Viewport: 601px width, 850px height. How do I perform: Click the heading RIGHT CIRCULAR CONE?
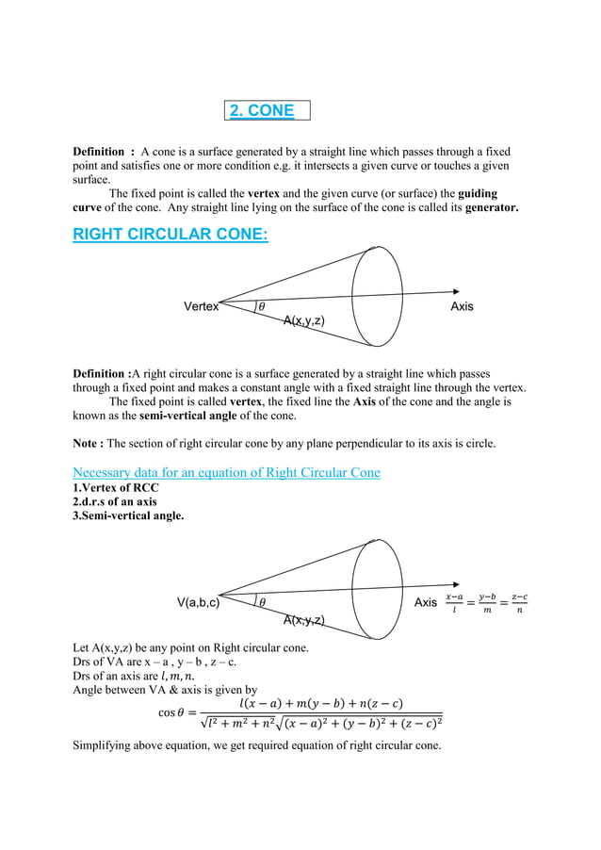170,234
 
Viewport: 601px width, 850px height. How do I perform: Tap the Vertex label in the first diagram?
201,306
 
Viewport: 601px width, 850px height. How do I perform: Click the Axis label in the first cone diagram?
462,306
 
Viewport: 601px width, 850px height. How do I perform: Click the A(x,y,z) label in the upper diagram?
304,321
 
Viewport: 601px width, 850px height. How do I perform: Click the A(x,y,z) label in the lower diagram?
304,619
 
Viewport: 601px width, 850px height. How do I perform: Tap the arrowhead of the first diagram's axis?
455,292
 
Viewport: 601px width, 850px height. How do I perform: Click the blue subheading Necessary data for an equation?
226,472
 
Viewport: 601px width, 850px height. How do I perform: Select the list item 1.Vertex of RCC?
116,487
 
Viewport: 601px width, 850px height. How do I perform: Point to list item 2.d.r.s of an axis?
115,501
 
